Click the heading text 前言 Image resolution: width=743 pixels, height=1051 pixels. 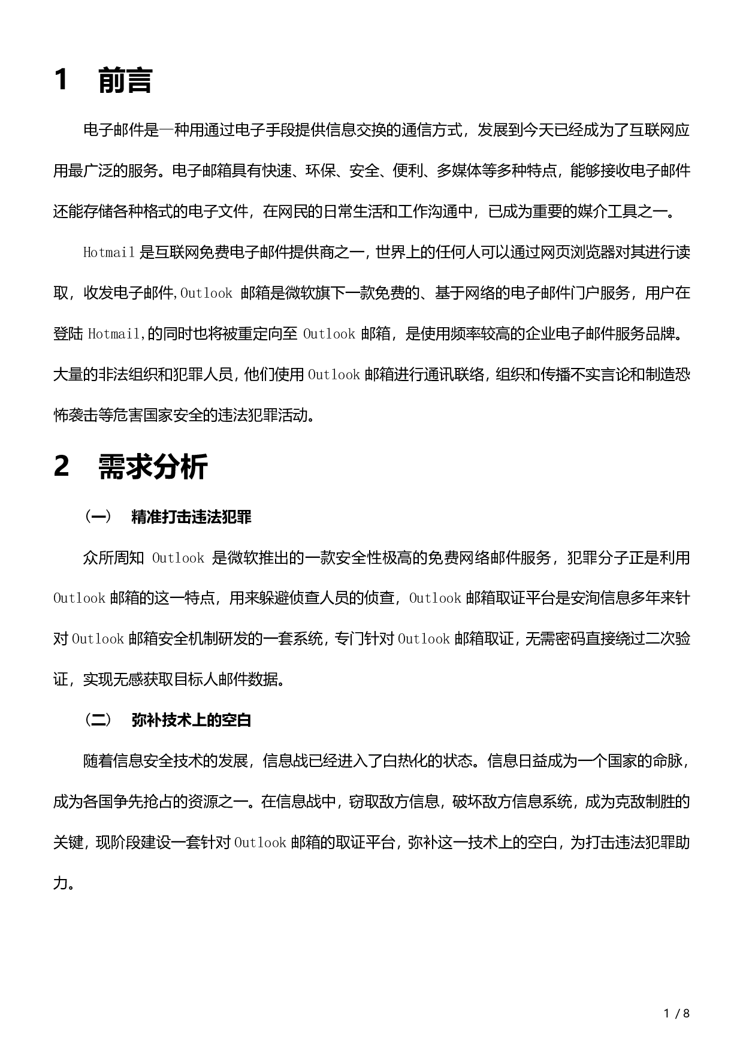coord(125,80)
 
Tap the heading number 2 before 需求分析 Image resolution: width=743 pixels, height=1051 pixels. coord(61,467)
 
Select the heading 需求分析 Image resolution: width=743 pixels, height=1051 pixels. coord(153,467)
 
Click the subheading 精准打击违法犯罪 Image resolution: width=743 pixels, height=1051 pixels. coord(191,517)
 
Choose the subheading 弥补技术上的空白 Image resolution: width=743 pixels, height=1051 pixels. coord(191,720)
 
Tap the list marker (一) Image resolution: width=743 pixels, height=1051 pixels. coord(97,517)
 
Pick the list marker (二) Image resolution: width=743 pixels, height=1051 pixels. coord(97,720)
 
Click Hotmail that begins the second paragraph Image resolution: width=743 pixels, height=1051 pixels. coord(108,253)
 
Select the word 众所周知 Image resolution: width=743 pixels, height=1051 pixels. coord(113,558)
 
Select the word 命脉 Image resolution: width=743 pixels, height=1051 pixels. coord(667,761)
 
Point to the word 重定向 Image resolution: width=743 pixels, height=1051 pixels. coord(261,334)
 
